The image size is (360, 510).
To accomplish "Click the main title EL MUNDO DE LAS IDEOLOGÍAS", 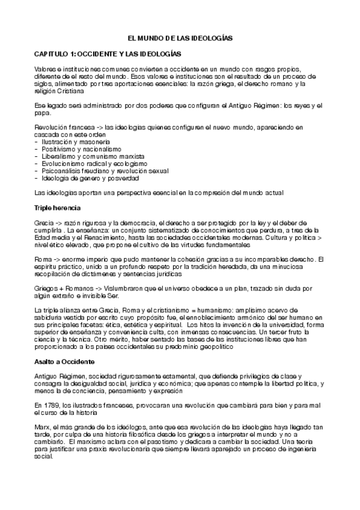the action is pos(181,38).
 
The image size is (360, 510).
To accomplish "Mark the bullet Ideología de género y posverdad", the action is pos(90,178).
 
